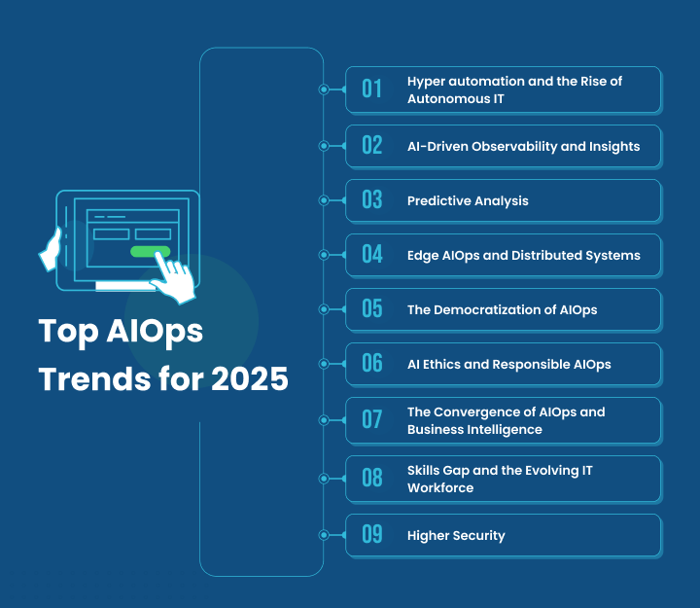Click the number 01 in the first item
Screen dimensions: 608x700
pos(372,89)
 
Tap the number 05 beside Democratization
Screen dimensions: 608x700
pos(372,309)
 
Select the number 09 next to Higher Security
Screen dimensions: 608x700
pos(372,535)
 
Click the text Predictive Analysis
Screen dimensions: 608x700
pos(468,200)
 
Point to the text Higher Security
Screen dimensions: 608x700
pos(456,535)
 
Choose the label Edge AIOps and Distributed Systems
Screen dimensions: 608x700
pos(523,255)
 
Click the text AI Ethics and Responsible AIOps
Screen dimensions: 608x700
pos(508,364)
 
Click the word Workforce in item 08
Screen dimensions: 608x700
pos(440,487)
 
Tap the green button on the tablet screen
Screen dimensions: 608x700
pos(151,251)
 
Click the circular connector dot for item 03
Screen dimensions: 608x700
pos(324,200)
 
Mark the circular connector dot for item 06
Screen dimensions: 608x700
pos(324,364)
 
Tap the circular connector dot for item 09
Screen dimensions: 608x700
pos(324,535)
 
